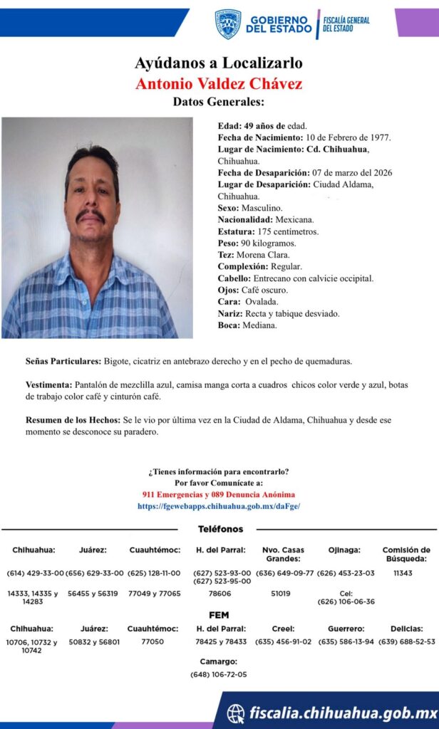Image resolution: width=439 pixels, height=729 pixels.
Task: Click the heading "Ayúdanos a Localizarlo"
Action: (219, 63)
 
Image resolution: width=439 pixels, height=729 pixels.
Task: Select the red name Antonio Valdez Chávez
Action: (219, 83)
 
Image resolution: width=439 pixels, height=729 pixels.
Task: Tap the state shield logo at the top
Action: (227, 23)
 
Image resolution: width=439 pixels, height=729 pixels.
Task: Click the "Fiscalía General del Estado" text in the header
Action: (346, 23)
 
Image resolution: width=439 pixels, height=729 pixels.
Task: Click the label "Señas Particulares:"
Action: (63, 361)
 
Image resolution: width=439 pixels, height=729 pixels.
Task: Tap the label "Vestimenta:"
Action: (48, 384)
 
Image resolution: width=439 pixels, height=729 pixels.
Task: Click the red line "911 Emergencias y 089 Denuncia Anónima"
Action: (219, 494)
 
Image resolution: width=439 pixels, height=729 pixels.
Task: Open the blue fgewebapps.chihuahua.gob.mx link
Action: (219, 505)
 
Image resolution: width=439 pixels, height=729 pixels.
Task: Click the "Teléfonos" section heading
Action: (220, 529)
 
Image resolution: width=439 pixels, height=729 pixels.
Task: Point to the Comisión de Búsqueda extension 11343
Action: (403, 572)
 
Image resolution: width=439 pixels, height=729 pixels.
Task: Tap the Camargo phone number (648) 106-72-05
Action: (219, 673)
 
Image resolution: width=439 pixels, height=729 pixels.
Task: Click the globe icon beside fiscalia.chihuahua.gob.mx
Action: (235, 713)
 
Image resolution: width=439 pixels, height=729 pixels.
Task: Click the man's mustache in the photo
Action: (91, 215)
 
